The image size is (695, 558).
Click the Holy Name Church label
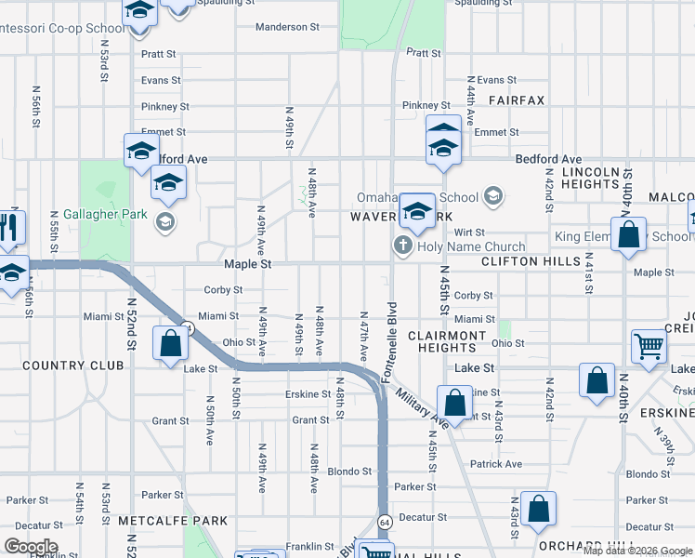[471, 247]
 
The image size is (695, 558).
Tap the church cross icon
[402, 246]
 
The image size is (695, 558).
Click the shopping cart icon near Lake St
[648, 346]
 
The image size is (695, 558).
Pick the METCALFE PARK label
[173, 522]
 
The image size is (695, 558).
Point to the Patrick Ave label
[496, 464]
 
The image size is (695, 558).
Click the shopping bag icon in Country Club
[172, 344]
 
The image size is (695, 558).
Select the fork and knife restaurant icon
[11, 226]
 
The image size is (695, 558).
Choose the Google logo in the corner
[31, 547]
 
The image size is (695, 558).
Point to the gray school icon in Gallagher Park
[164, 220]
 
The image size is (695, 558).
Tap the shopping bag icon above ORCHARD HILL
[538, 509]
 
